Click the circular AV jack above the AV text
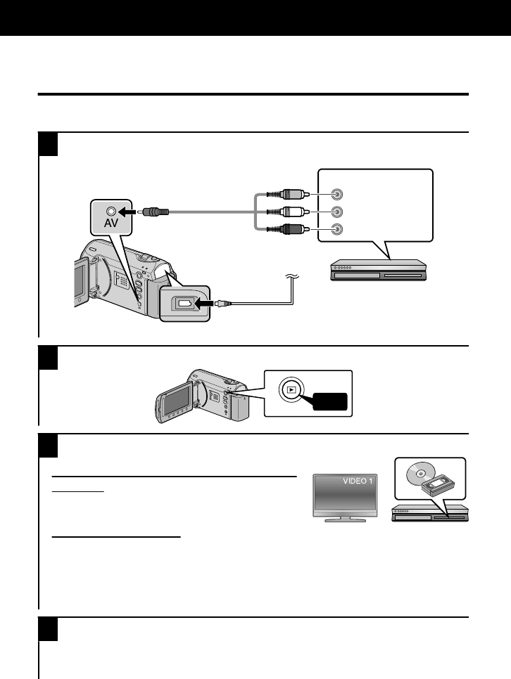[x=110, y=210]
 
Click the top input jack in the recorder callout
[x=339, y=195]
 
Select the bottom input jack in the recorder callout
[x=339, y=228]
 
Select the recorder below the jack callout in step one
[x=379, y=271]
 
